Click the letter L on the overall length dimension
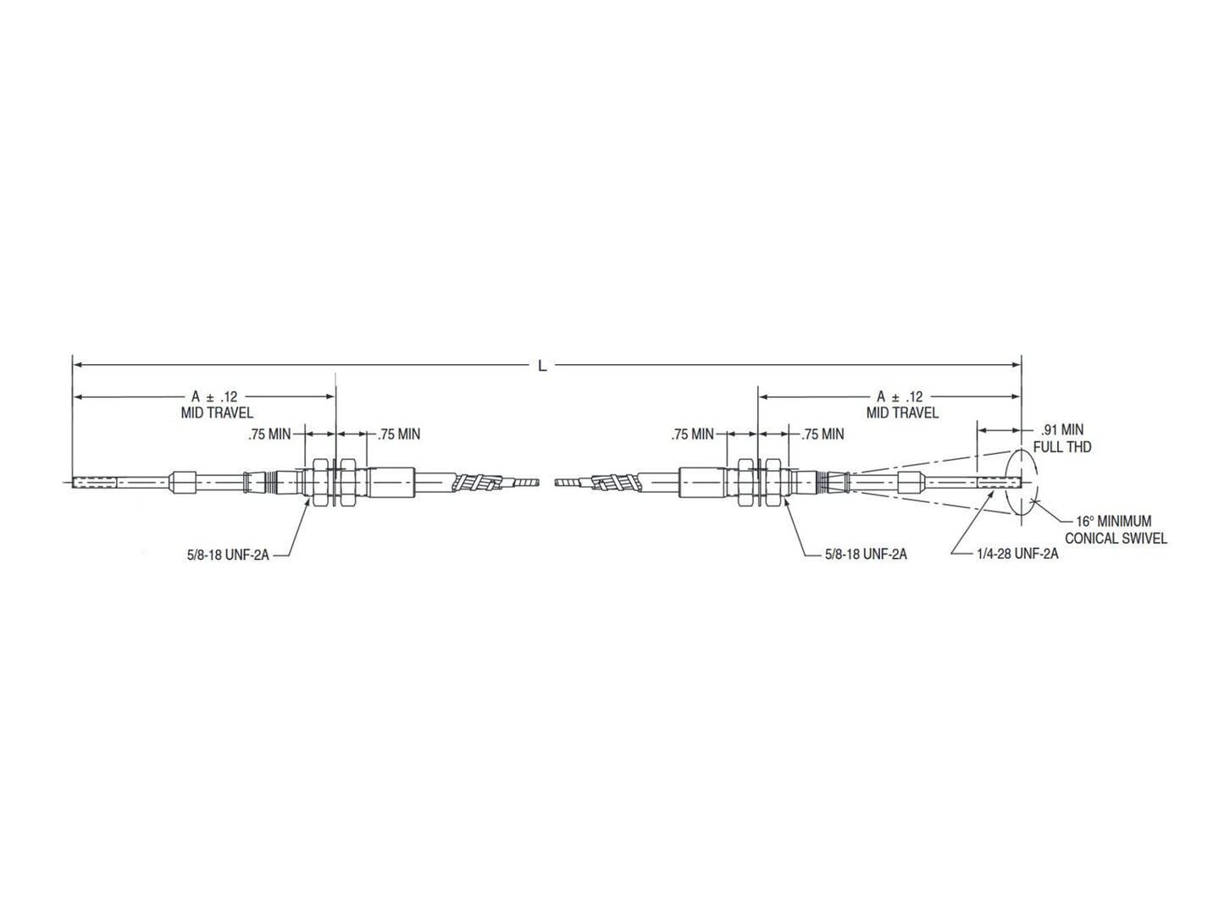click(542, 366)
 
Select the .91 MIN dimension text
click(1059, 430)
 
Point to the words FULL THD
click(1061, 446)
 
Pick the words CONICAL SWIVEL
click(1115, 539)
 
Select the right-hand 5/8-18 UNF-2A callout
click(865, 555)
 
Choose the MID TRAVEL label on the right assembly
click(902, 413)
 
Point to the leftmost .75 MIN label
click(269, 434)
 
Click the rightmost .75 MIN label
click(822, 434)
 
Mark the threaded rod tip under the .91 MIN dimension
click(1000, 484)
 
